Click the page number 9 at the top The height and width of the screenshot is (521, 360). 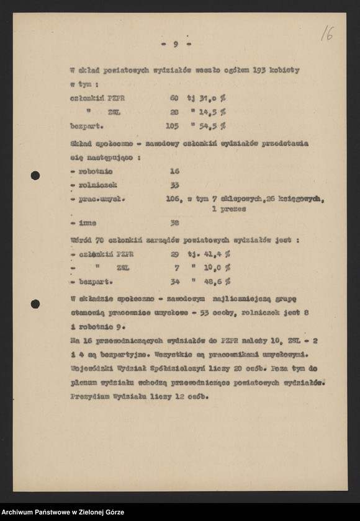176,43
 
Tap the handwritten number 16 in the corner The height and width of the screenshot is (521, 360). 326,33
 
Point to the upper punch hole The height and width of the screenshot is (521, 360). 35,176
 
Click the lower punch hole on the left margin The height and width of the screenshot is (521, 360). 35,304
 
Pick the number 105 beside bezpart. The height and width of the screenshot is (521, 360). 172,126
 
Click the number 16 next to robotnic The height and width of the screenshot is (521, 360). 174,171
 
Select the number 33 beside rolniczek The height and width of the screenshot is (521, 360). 174,185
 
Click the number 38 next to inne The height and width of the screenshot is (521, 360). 174,223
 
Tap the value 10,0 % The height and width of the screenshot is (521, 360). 217,267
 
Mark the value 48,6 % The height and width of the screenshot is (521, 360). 217,282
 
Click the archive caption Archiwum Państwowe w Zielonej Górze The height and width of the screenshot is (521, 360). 63,512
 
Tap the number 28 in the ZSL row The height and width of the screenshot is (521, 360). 174,112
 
